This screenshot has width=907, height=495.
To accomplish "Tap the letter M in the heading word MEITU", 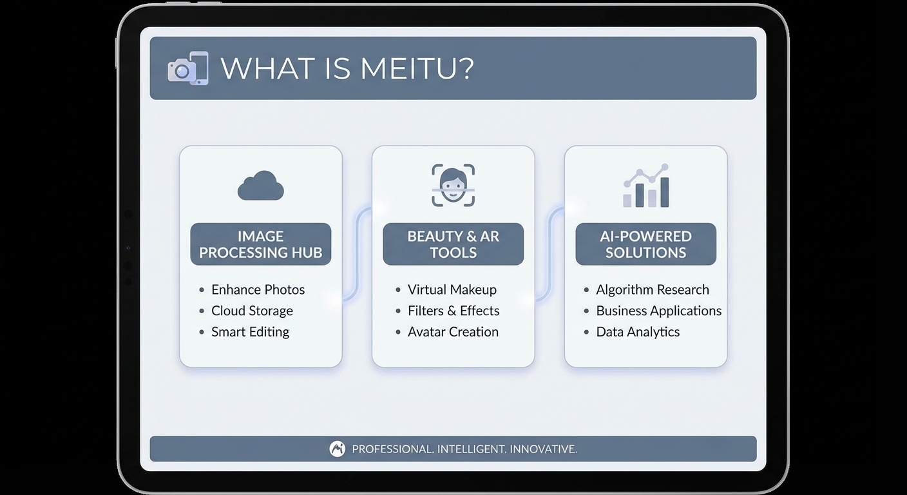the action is click(x=373, y=68).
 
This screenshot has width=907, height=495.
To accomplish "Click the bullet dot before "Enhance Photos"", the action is click(x=202, y=289).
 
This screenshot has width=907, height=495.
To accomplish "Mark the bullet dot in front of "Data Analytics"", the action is click(x=586, y=332).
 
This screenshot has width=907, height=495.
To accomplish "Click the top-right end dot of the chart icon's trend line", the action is click(x=664, y=166).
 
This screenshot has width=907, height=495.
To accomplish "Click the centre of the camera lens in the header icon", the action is click(x=182, y=72).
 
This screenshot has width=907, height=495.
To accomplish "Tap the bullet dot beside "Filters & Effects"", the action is click(x=398, y=311).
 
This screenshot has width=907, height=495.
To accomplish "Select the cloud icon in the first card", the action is click(x=261, y=186).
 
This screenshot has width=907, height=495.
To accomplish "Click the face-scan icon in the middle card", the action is click(x=453, y=185).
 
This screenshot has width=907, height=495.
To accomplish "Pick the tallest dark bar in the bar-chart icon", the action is click(x=664, y=193).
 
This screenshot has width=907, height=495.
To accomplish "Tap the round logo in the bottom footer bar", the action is click(x=338, y=449).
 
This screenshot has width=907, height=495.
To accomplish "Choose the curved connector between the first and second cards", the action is click(x=357, y=254).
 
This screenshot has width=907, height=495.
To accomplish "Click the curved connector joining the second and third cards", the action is click(x=549, y=254).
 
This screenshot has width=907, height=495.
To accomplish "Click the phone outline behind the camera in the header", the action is click(x=198, y=68).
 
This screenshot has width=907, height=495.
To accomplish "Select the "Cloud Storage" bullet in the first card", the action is click(x=252, y=311).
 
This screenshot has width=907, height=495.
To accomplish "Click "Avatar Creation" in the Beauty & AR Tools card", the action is click(x=453, y=332).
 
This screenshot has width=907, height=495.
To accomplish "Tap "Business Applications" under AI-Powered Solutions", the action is click(x=659, y=311).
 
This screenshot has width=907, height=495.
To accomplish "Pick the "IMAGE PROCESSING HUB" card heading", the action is click(x=261, y=244).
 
